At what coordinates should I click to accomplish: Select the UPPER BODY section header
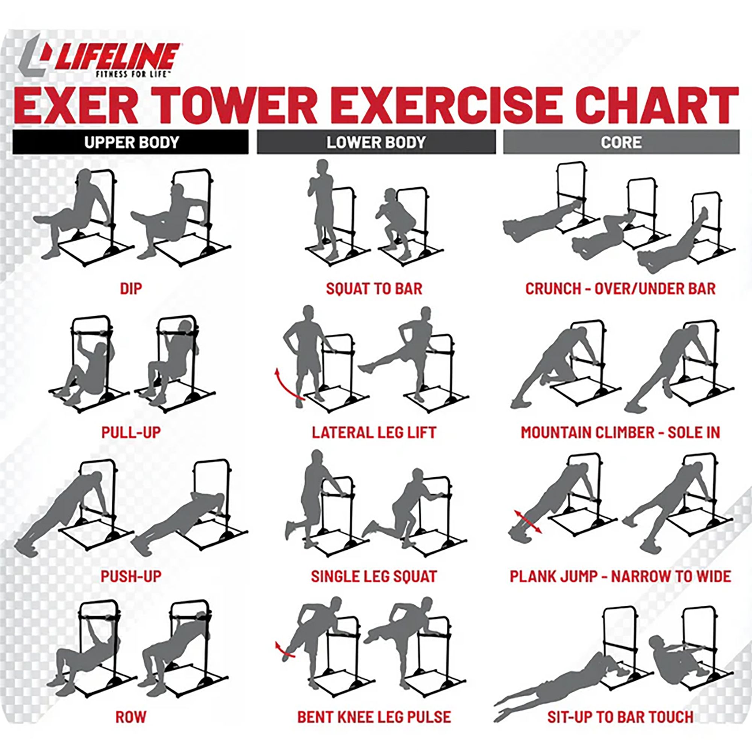coord(131,142)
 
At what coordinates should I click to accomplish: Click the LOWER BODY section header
coord(376,142)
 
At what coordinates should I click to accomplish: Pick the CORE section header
coord(621,142)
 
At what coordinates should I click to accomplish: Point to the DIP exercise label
coord(131,289)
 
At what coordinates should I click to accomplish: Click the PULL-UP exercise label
coord(131,432)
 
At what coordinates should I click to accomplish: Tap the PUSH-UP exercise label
coord(131,576)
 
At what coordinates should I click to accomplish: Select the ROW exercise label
coord(131,717)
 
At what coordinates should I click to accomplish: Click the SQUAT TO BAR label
coord(374,289)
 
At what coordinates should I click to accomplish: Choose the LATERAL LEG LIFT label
coord(374,432)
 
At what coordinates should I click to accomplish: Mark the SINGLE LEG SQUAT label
coord(374,576)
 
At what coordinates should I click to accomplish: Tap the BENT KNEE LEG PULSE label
coord(374,717)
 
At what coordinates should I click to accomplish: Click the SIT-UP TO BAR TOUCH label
coord(620,717)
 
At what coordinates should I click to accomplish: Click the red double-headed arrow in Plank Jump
coord(528,522)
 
